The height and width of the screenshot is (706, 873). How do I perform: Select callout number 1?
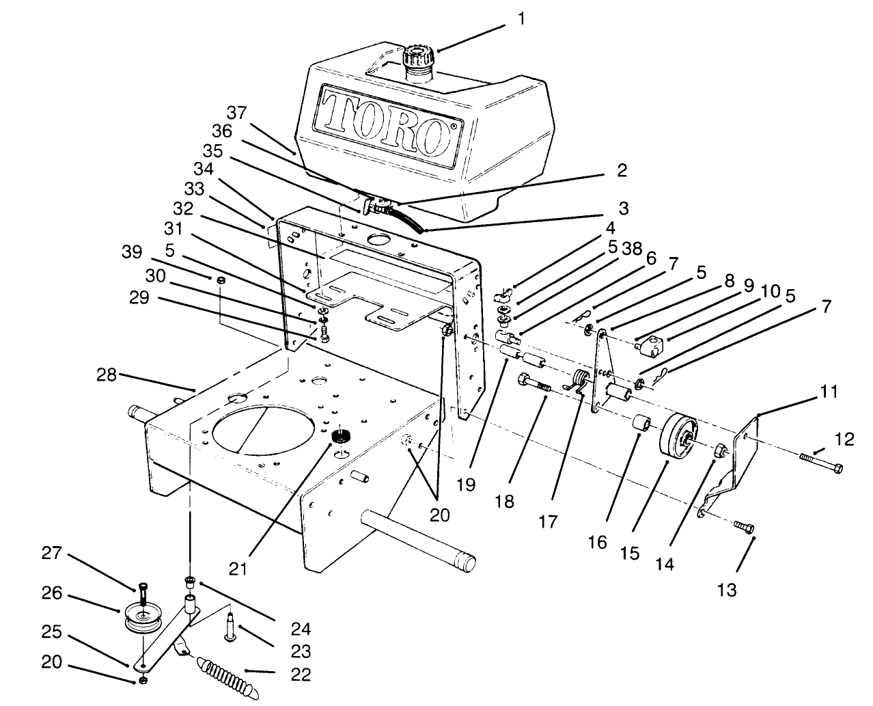522,18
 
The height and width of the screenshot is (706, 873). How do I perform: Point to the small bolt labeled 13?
744,526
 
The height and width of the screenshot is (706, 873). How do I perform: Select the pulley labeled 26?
143,618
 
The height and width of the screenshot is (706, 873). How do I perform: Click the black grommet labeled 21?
339,437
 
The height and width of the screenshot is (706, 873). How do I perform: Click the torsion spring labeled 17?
579,381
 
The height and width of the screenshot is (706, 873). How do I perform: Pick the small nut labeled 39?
221,280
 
